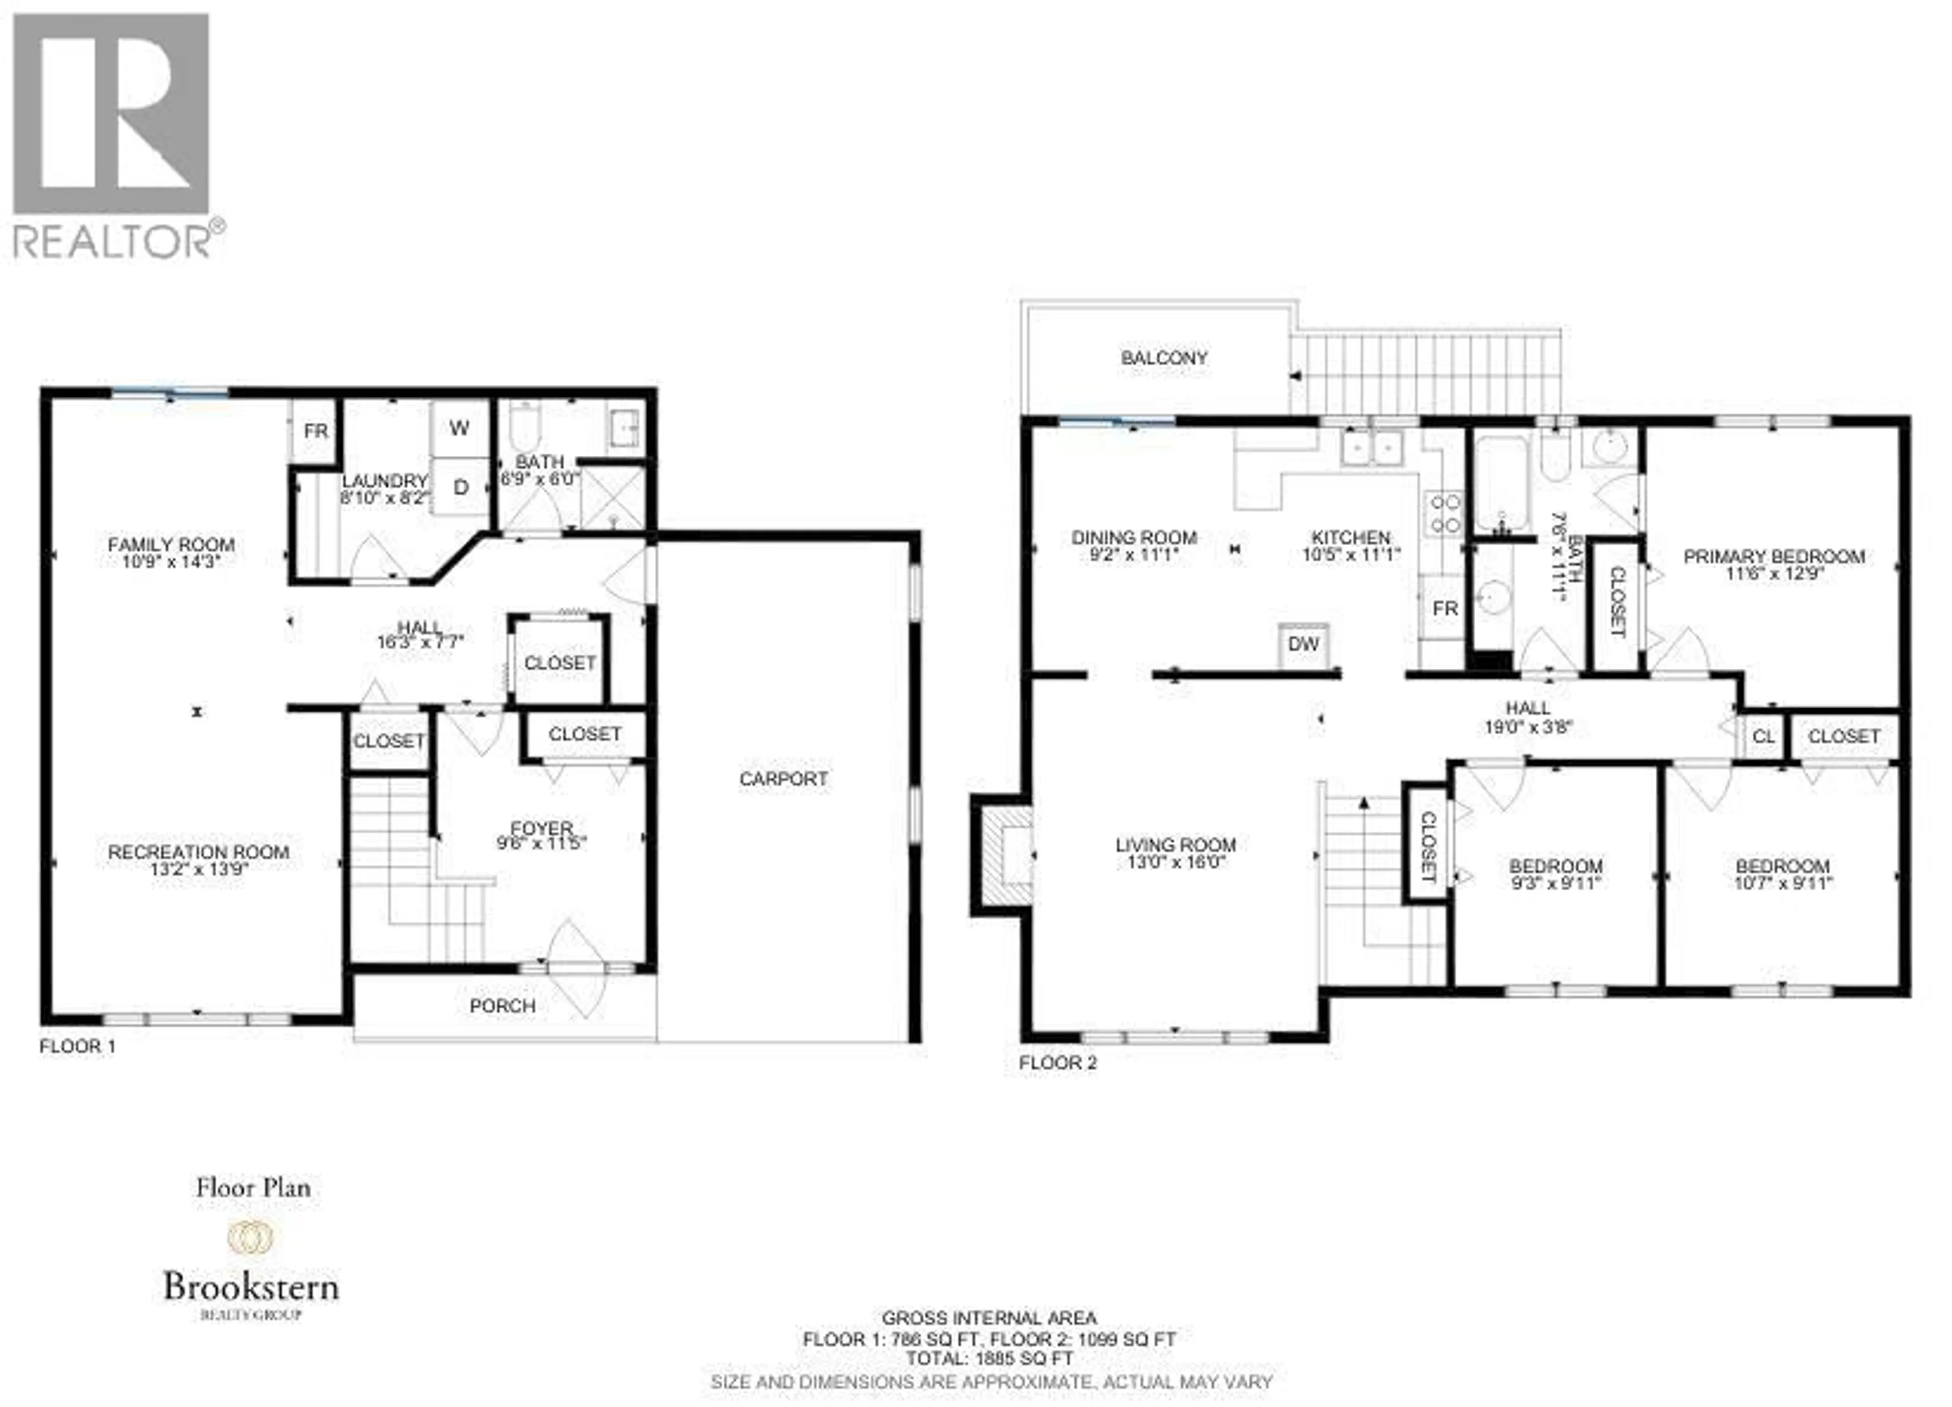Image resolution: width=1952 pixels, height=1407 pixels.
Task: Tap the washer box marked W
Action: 460,428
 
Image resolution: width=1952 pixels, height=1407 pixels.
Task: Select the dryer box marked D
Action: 461,487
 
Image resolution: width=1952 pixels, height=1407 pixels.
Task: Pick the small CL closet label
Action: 1763,737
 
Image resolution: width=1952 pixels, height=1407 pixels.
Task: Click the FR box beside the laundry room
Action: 315,431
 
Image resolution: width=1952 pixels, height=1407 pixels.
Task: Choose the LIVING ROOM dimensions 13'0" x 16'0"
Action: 1176,862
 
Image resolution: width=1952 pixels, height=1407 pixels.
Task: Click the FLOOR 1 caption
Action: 77,1046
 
